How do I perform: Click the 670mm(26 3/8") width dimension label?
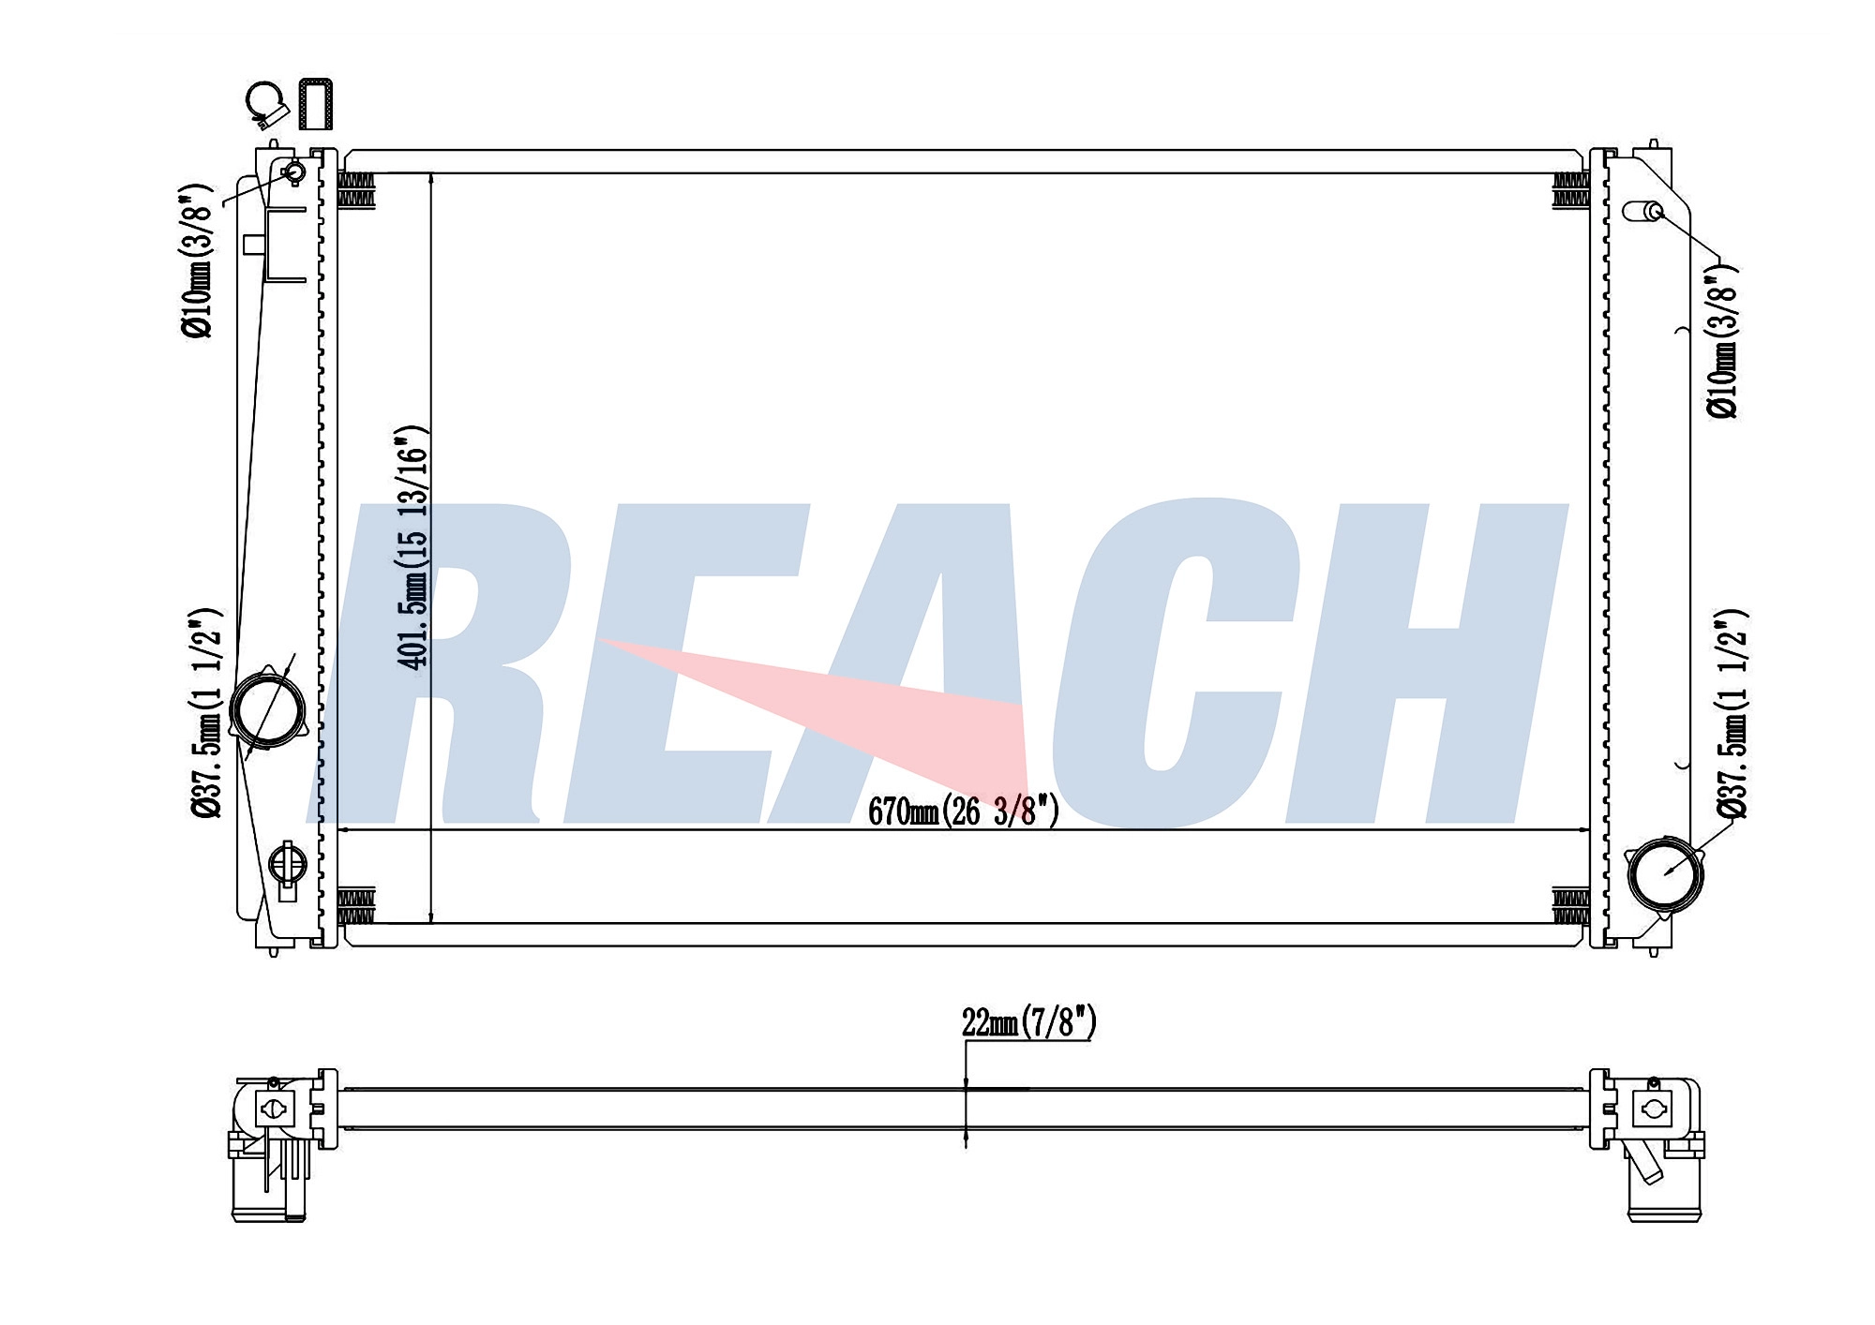point(963,811)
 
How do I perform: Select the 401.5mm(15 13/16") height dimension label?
point(413,547)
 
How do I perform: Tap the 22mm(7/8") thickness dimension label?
point(1028,1022)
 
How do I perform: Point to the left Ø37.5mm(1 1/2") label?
point(206,712)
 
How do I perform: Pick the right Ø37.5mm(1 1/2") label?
point(1731,714)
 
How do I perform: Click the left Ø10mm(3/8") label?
point(198,261)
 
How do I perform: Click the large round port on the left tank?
point(267,708)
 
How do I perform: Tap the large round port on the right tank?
point(1666,873)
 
